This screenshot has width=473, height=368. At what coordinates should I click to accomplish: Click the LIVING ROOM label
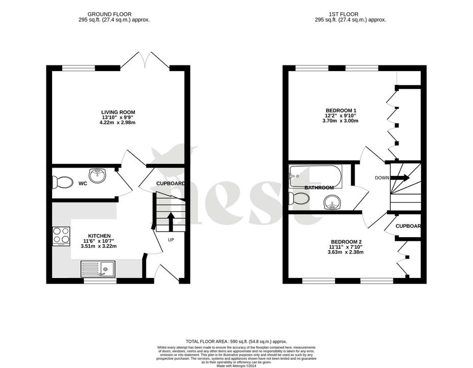[x=118, y=112]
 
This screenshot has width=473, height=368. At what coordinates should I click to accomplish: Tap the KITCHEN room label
[x=99, y=236]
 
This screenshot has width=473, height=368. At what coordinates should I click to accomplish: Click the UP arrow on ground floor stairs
[x=170, y=222]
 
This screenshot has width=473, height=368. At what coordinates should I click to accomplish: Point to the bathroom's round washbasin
[x=333, y=203]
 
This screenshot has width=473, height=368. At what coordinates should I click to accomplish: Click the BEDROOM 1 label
[x=341, y=110]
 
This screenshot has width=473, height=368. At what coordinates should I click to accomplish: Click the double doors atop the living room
[x=145, y=60]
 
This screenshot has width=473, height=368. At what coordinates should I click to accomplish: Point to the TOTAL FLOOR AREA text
[x=236, y=341]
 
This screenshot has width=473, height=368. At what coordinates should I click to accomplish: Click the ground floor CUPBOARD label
[x=170, y=183]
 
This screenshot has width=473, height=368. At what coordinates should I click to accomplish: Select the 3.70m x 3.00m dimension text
[x=341, y=121]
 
